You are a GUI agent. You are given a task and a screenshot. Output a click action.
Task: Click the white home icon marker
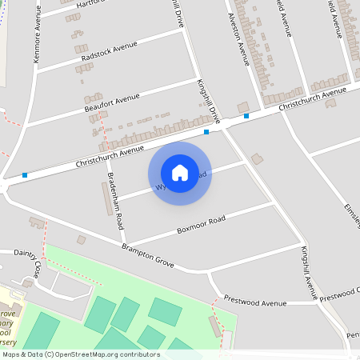[x=180, y=173]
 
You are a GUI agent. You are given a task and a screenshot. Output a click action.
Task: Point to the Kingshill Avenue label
[x=310, y=272]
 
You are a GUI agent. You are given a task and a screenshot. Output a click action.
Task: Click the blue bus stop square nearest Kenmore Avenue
[x=25, y=175]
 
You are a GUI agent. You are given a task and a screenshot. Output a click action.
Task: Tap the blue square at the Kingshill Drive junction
[x=206, y=132]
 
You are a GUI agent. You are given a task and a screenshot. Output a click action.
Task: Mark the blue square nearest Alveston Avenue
[x=246, y=116]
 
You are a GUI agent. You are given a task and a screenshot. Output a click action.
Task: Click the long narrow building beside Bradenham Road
[x=107, y=199]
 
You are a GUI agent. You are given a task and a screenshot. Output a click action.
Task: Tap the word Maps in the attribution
[x=11, y=354]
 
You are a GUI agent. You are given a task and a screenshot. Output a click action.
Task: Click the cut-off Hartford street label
[x=90, y=4]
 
